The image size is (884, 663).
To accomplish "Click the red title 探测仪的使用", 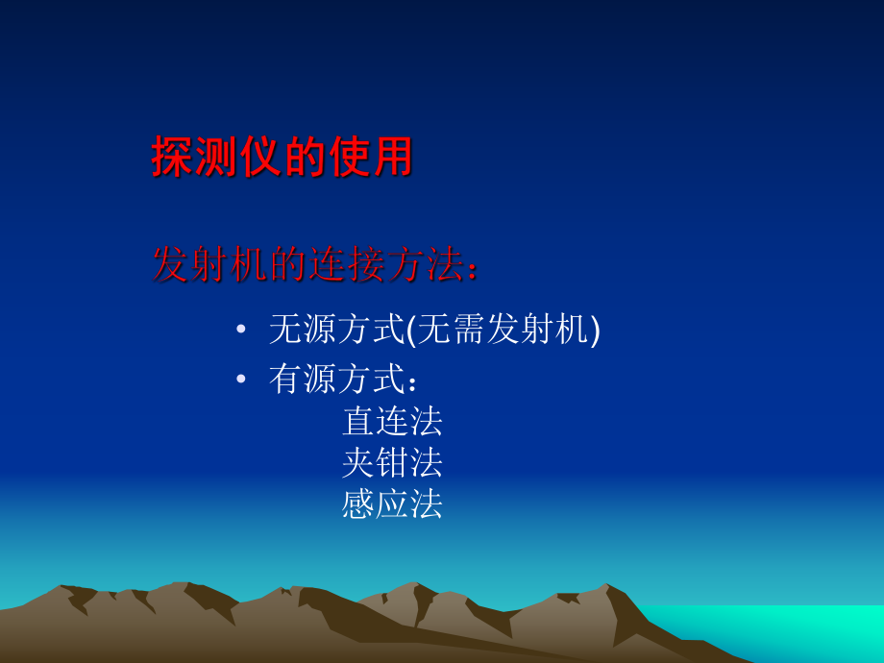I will click(282, 157).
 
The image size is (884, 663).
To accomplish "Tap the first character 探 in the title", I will click(173, 157).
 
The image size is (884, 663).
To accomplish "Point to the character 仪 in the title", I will click(259, 157).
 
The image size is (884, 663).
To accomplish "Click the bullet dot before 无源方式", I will click(241, 331).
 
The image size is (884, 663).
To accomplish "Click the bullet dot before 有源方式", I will click(241, 380).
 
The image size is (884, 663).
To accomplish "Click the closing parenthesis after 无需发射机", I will click(595, 331).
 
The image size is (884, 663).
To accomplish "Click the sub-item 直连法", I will click(392, 421).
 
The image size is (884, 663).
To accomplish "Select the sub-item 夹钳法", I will click(392, 462).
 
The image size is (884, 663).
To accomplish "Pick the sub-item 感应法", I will click(392, 503).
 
